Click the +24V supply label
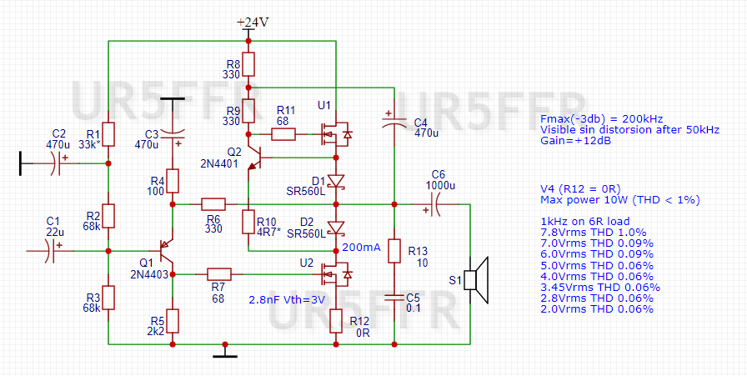[252, 23]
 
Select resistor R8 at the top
[248, 64]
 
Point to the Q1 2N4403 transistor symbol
[165, 248]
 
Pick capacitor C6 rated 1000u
[438, 203]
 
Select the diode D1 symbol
[335, 181]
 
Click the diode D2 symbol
[335, 227]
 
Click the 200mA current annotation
[361, 248]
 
